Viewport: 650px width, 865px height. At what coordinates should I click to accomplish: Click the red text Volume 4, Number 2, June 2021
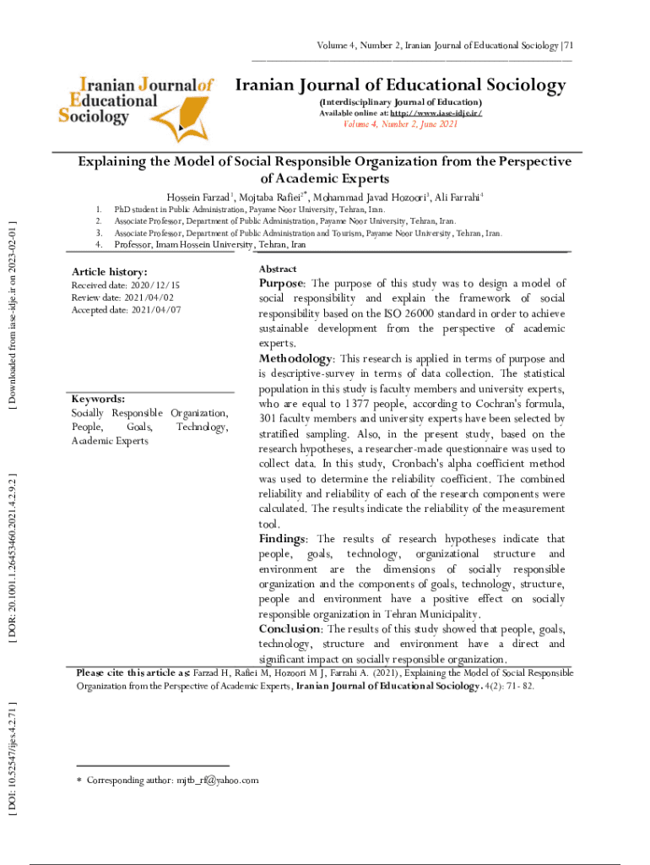point(400,124)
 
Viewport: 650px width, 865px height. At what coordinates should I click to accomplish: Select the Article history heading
point(109,272)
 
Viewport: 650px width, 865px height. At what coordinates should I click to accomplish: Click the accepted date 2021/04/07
point(155,310)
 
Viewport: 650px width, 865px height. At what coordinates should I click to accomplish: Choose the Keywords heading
point(98,399)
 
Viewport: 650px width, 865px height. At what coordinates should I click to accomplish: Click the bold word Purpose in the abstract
point(282,284)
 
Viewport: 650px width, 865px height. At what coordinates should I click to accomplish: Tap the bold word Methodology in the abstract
point(296,359)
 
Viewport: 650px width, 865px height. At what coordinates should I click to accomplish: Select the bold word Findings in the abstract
point(282,539)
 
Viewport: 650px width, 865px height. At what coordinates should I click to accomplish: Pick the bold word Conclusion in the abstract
point(289,629)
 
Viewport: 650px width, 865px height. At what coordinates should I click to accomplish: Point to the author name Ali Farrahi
point(458,198)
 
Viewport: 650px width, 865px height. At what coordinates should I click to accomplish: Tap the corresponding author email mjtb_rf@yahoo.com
point(214,781)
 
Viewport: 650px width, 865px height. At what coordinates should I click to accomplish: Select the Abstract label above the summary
point(277,268)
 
